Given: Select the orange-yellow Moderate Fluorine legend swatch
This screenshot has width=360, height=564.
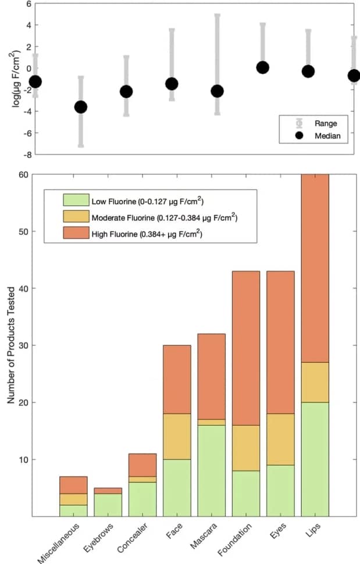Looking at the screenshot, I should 76,217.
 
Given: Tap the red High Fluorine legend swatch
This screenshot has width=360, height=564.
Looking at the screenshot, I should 76,234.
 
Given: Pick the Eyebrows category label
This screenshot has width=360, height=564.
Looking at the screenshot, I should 98,538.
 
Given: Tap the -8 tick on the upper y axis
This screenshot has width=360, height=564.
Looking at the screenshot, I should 27,154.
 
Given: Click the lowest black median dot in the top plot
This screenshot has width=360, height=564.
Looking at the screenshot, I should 81,107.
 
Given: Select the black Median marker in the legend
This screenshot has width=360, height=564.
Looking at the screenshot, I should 299,136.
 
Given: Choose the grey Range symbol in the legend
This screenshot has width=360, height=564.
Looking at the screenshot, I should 299,123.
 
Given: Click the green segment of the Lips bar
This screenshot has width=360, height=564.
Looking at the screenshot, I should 315,459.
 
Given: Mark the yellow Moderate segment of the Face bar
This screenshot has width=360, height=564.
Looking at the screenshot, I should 177,436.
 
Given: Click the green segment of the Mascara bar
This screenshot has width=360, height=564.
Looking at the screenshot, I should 212,470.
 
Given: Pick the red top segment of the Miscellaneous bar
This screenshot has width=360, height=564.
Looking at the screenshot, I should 73,485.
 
